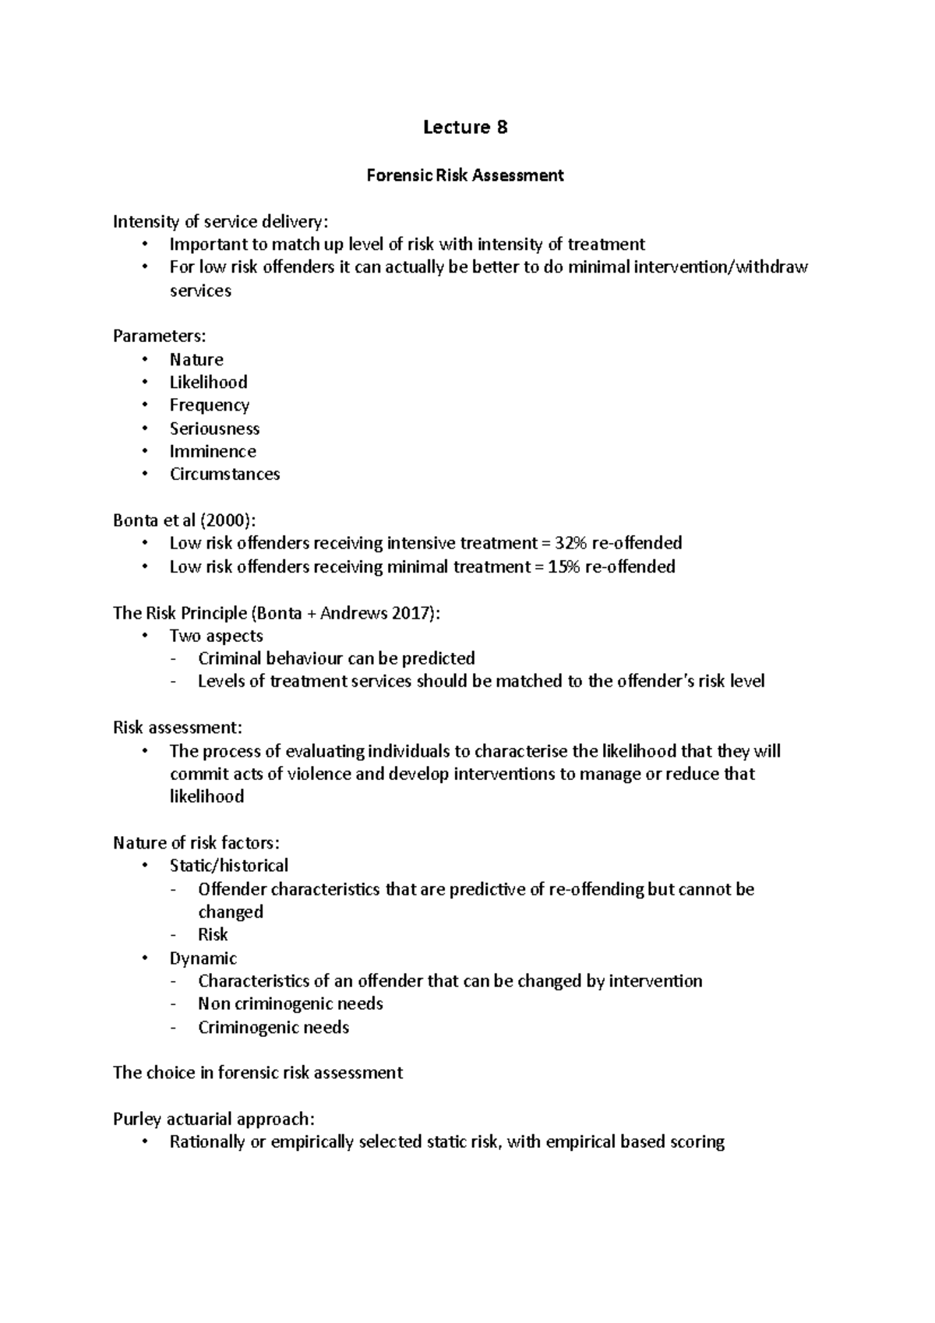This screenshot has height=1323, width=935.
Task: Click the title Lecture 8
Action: click(x=465, y=127)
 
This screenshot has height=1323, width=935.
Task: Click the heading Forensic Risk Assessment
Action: click(x=465, y=175)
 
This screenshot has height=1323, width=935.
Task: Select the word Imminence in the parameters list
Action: click(x=213, y=451)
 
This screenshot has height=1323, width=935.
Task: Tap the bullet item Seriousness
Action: click(x=214, y=429)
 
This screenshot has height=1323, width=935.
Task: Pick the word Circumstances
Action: click(x=224, y=474)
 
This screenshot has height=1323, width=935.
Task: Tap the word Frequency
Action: click(x=210, y=405)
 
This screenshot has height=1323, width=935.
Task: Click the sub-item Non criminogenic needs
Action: click(x=290, y=1004)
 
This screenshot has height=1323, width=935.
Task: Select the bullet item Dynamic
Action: click(x=203, y=958)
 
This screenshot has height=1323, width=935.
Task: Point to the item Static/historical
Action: click(x=228, y=866)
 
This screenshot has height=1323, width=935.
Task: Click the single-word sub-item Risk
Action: click(x=213, y=935)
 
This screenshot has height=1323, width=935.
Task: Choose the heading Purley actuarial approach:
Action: click(x=213, y=1120)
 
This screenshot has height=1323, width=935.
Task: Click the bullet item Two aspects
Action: click(x=216, y=636)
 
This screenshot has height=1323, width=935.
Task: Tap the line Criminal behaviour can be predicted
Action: click(x=336, y=658)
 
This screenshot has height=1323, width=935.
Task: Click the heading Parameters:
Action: click(x=159, y=336)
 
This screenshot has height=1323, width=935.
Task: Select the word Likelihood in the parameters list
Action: click(x=208, y=383)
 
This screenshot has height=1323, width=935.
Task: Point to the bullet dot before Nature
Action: click(x=144, y=360)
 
